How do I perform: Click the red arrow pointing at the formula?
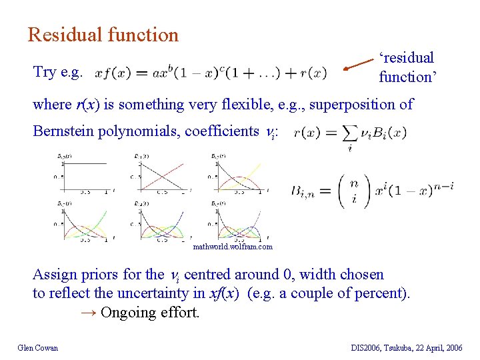[x=361, y=65]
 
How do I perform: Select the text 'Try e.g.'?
[x=58, y=72]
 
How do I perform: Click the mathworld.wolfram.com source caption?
[x=233, y=247]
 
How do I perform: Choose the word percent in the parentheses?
[x=383, y=293]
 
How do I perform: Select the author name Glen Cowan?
[x=38, y=347]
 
